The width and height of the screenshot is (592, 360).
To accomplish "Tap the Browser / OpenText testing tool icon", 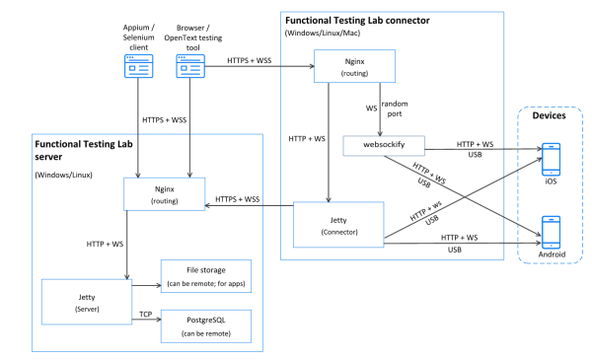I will coord(189,66).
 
